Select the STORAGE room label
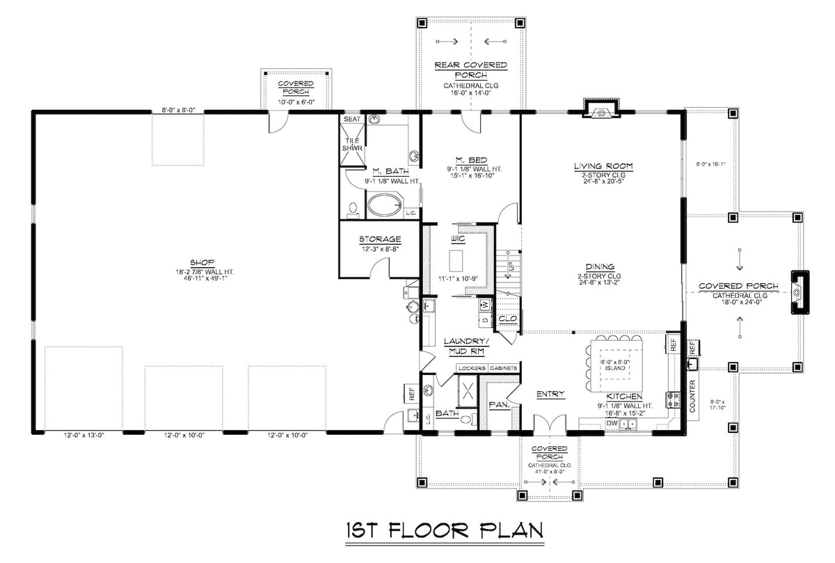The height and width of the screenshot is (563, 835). pos(380,239)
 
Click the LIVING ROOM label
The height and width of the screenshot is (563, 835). pos(603,166)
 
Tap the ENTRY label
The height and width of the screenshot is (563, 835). pos(550,395)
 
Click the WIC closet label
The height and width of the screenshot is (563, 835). pos(457,239)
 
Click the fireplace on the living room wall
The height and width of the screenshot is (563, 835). pos(601,109)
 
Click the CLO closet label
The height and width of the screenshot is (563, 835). pos(507,319)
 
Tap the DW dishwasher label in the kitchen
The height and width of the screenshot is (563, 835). pos(613,422)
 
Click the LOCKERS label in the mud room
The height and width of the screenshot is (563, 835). pos(471,367)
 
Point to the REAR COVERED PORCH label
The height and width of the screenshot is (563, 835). pos(471,70)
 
